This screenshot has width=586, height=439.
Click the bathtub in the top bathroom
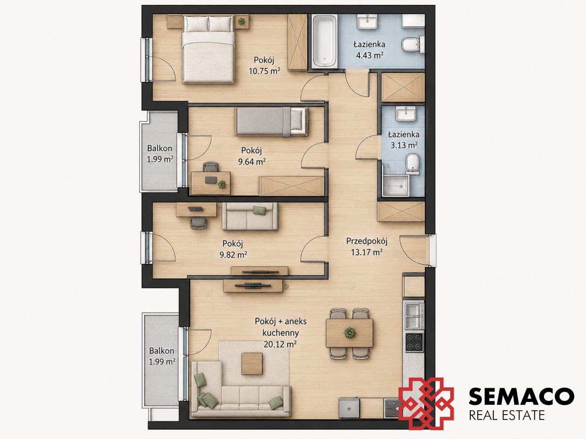(324, 41)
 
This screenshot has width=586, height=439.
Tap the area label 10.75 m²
(264, 71)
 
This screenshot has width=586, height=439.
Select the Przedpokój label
(367, 241)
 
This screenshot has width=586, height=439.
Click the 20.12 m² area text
(280, 344)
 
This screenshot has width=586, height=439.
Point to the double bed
(209, 49)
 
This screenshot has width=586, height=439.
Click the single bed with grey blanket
(271, 121)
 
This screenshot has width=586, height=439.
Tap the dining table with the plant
(350, 333)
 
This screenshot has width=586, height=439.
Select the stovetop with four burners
(414, 342)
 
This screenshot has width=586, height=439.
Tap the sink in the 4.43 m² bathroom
(367, 21)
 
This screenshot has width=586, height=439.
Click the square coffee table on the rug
(252, 363)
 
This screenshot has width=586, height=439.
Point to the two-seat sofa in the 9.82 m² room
(250, 216)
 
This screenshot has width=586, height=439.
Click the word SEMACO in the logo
(522, 397)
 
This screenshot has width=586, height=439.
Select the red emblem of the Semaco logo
(426, 403)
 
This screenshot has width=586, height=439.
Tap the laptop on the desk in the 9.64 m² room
(211, 180)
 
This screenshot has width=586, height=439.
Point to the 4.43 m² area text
(370, 56)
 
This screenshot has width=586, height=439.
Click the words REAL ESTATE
(507, 416)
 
